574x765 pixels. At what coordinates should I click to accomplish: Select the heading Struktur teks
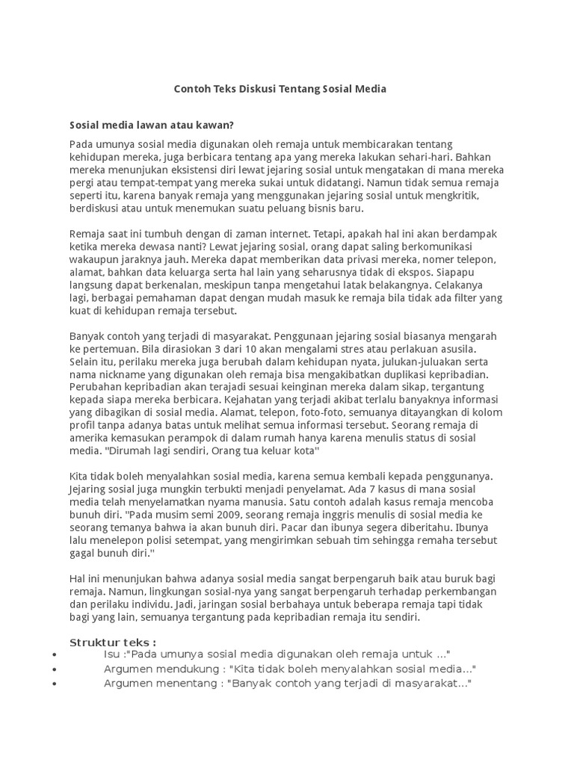coord(113,642)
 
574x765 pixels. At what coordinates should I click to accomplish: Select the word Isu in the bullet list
coord(112,655)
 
